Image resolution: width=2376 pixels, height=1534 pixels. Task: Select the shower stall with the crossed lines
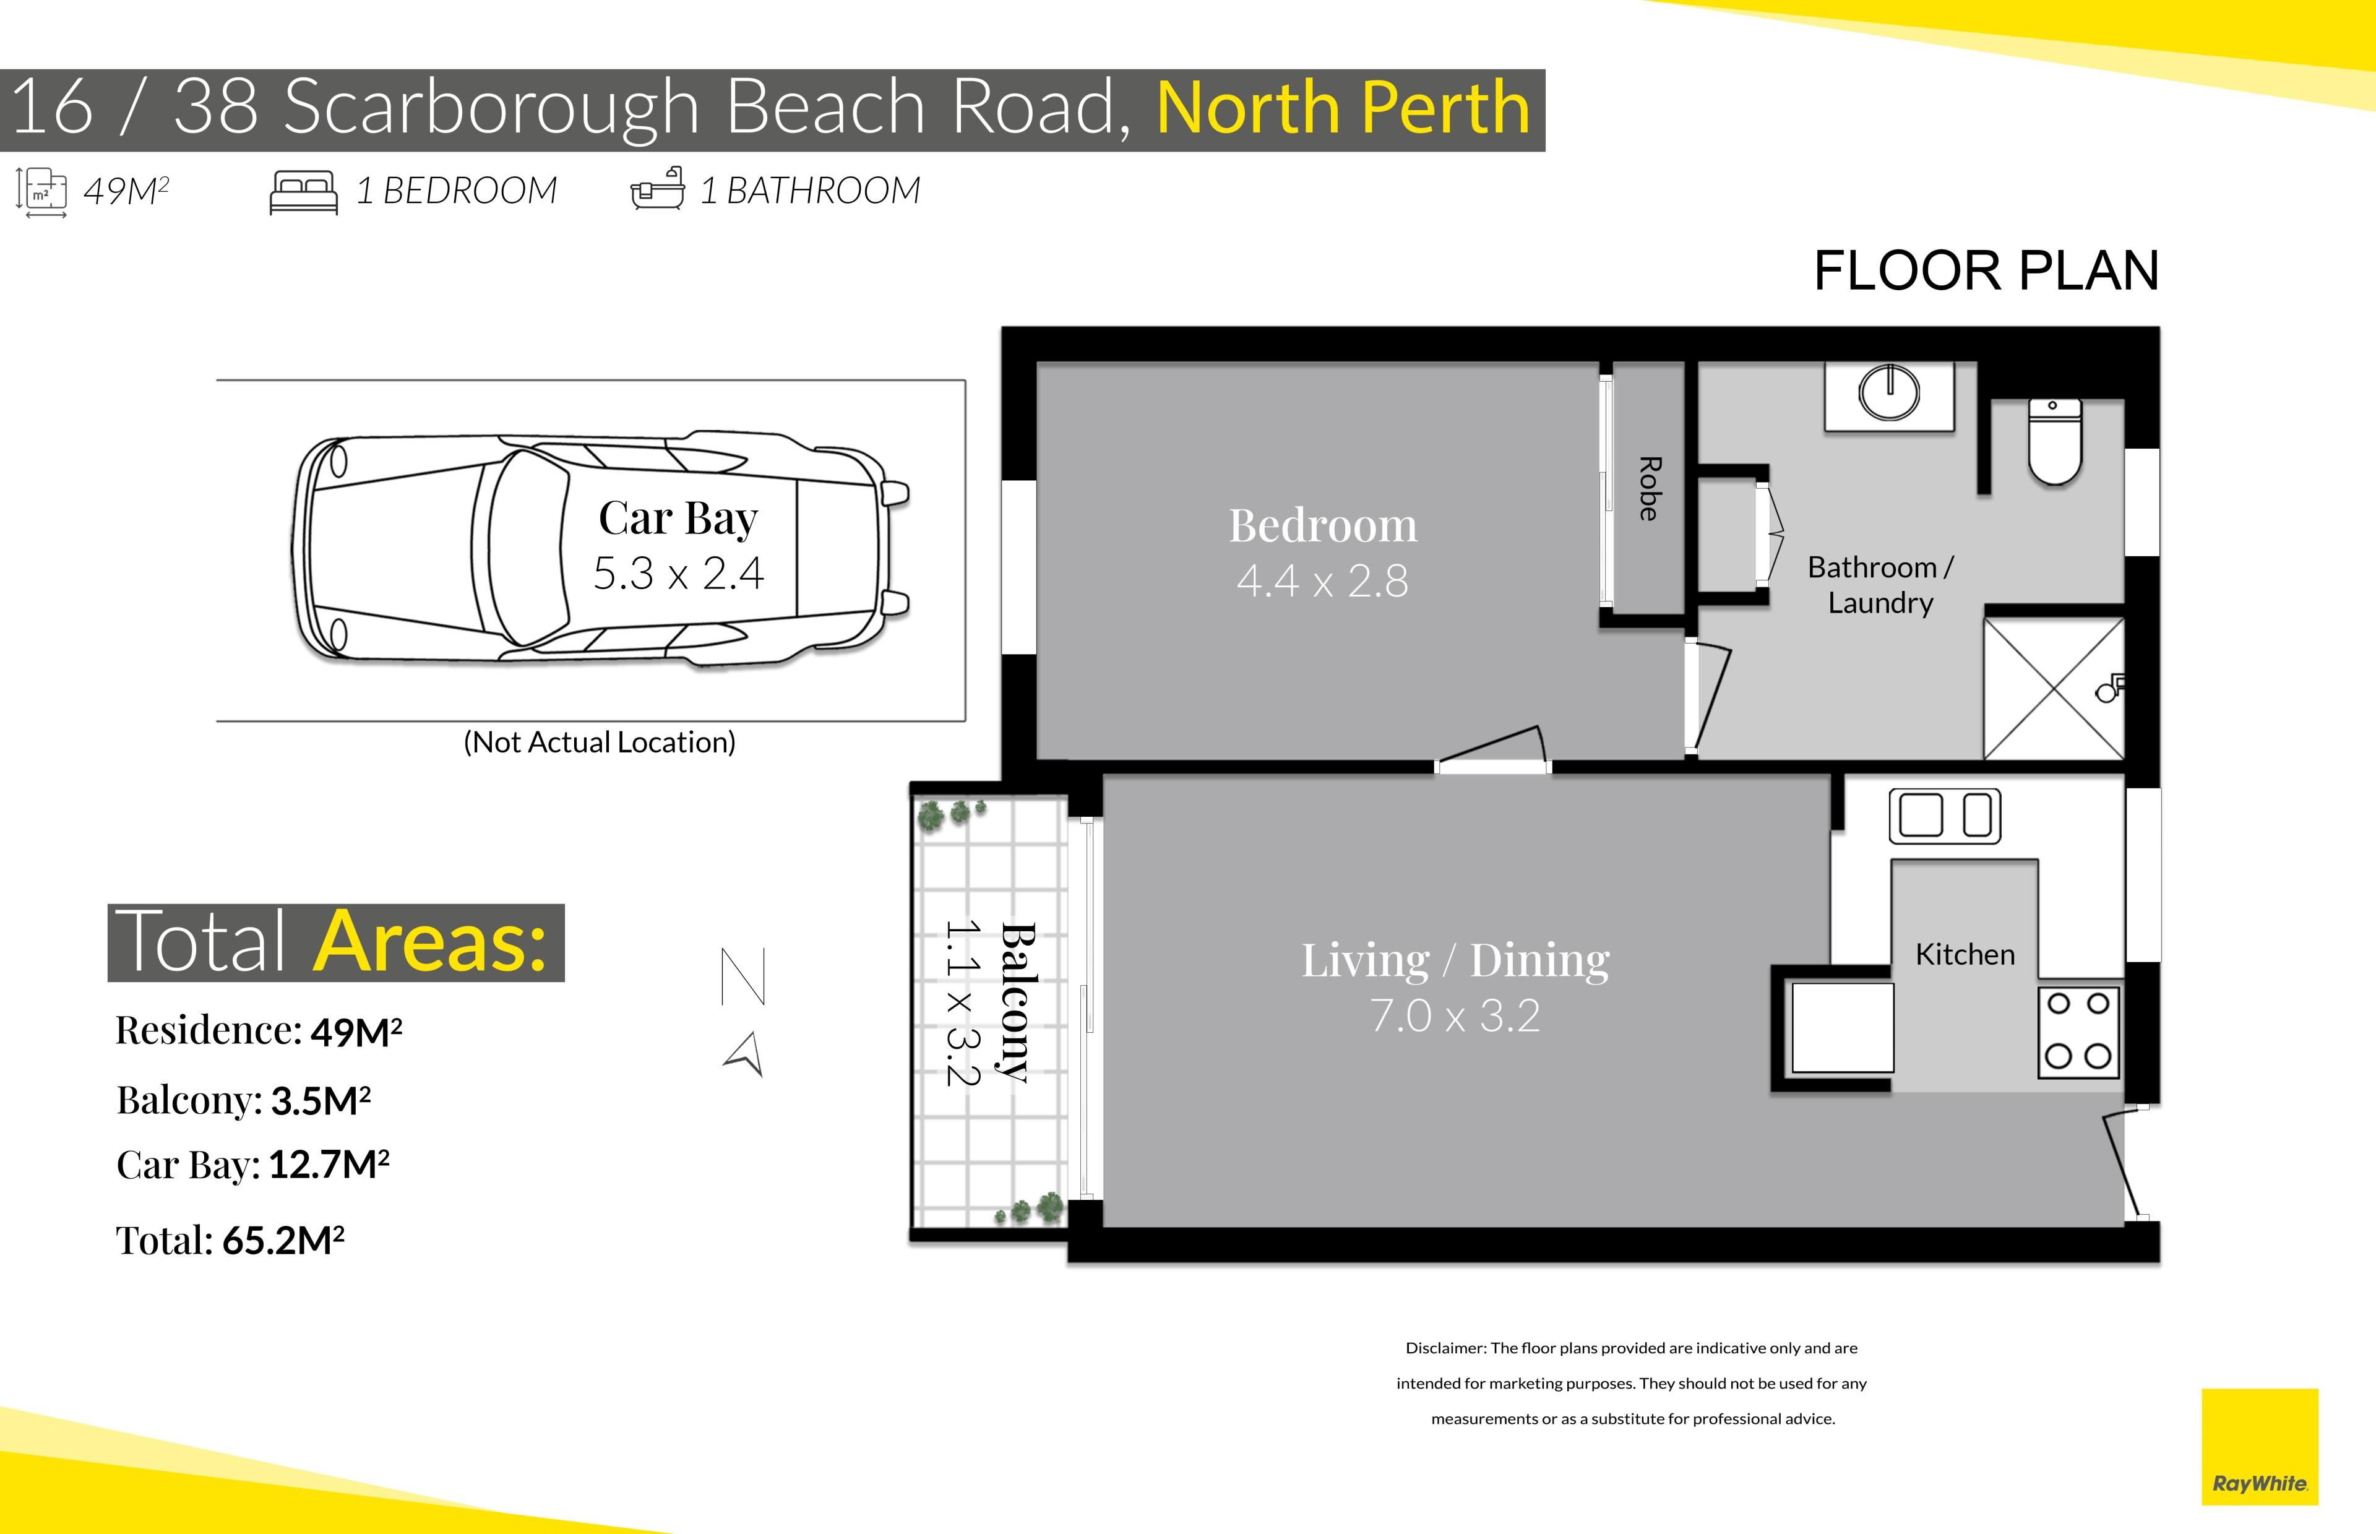2054,688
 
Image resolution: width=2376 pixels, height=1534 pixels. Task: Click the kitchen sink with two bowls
1945,816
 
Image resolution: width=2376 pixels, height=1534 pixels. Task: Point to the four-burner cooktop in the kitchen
2078,1031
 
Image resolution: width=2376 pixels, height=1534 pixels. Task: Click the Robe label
1649,488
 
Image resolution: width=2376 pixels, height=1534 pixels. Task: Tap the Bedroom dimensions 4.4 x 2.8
1322,580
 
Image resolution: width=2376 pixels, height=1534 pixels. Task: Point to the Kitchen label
1965,954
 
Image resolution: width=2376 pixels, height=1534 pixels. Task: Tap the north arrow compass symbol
744,1011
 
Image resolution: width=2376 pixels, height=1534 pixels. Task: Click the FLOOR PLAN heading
1986,271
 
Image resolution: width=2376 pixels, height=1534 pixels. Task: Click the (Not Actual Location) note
600,742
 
